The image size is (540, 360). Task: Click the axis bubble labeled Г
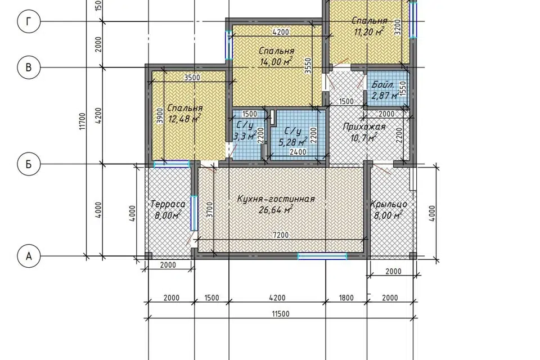point(29,22)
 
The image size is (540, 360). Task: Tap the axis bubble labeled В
point(29,67)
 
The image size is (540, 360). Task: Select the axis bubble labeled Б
point(29,164)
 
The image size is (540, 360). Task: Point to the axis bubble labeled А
point(29,256)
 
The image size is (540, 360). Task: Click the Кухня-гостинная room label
point(276,199)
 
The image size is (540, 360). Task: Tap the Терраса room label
point(168,204)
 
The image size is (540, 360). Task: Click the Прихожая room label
point(364,127)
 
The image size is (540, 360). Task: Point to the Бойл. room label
point(382,84)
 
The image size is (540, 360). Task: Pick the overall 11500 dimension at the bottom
point(281,314)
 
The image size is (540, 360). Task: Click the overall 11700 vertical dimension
point(82,121)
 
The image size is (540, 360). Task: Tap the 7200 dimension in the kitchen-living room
point(280,235)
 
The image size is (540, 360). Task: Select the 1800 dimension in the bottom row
point(346,298)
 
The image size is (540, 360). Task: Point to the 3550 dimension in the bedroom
point(308,65)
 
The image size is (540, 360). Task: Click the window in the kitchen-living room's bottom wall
point(322,256)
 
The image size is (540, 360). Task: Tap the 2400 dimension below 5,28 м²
point(298,151)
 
